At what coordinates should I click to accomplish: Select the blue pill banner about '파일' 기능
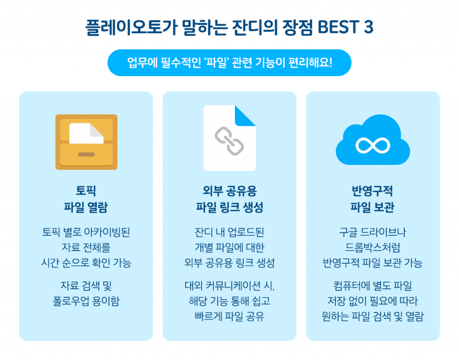pyautogui.click(x=229, y=62)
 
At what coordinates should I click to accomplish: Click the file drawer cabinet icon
pyautogui.click(x=86, y=142)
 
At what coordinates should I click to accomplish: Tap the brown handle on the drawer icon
pyautogui.click(x=86, y=155)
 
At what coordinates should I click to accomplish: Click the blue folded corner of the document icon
pyautogui.click(x=245, y=115)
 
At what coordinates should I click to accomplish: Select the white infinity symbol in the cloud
pyautogui.click(x=372, y=144)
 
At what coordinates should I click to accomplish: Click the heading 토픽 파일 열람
pyautogui.click(x=86, y=200)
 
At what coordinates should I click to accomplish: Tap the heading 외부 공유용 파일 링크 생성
pyautogui.click(x=229, y=200)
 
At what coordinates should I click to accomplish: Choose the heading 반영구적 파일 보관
pyautogui.click(x=372, y=200)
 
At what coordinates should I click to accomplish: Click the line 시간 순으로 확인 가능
pyautogui.click(x=86, y=263)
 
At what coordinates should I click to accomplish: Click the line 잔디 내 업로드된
pyautogui.click(x=229, y=232)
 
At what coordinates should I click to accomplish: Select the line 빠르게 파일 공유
pyautogui.click(x=229, y=316)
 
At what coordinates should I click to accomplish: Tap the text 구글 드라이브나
pyautogui.click(x=372, y=232)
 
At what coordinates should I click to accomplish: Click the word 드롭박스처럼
pyautogui.click(x=372, y=247)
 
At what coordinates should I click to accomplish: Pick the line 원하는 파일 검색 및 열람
pyautogui.click(x=372, y=316)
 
